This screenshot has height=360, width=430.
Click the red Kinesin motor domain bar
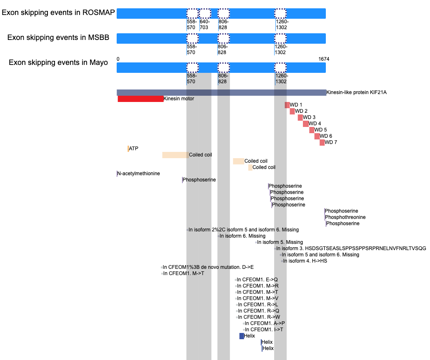pos(140,99)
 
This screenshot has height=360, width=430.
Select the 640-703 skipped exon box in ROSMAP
pos(205,13)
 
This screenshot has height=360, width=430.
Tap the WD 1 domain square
pos(287,105)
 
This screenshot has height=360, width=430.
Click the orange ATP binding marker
pos(128,149)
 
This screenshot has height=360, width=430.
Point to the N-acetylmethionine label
pos(138,174)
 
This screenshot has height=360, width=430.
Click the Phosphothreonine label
pos(345,217)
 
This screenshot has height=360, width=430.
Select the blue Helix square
pos(242,336)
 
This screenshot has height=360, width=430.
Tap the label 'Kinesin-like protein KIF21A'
pos(357,92)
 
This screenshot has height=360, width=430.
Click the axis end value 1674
pos(324,59)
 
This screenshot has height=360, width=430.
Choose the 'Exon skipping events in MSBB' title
pos(58,37)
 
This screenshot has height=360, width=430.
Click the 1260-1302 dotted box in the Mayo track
pos(280,68)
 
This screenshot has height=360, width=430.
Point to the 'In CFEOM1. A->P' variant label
pos(265,323)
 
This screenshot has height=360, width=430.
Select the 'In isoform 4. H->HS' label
pos(305,261)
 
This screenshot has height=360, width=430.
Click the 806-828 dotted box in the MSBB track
pos(223,38)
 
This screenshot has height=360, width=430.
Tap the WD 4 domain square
pos(306,124)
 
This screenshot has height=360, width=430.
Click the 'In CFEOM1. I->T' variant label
pos(264,330)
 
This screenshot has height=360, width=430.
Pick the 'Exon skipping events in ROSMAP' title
pos(58,12)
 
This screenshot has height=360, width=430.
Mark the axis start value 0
pos(118,59)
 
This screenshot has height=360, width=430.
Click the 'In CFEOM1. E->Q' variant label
pos(257,280)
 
